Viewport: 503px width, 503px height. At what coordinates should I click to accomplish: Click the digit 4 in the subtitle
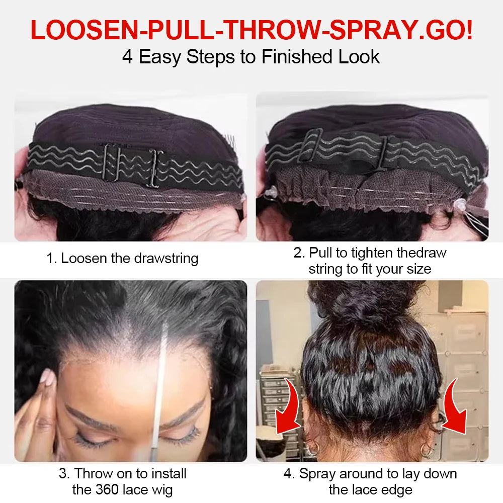tap(127, 56)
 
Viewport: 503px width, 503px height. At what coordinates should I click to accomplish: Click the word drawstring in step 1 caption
tap(166, 259)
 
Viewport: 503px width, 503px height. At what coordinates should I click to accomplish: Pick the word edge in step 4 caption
tap(397, 489)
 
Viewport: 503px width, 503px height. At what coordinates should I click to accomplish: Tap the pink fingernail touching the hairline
tap(46, 378)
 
